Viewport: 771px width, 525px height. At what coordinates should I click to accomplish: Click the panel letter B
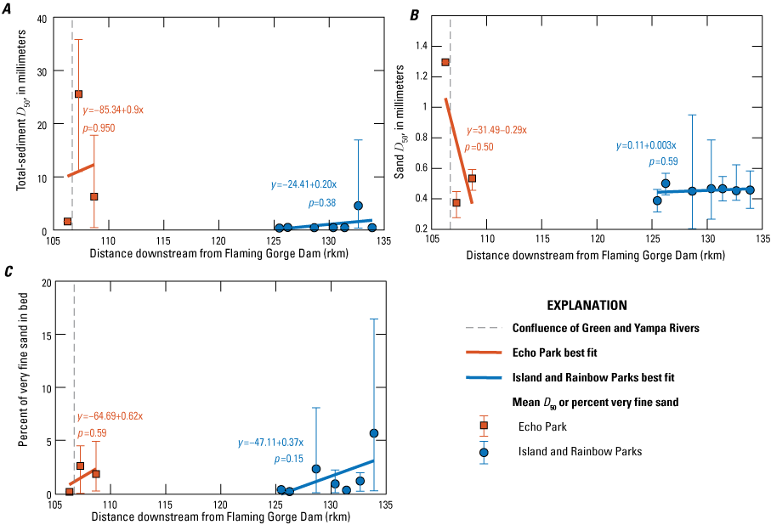[x=415, y=14]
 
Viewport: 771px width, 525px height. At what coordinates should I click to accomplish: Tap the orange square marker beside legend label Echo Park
[x=484, y=426]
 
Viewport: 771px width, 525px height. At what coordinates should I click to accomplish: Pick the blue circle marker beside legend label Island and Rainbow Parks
[x=484, y=452]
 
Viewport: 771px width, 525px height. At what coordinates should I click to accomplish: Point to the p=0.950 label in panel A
[x=99, y=128]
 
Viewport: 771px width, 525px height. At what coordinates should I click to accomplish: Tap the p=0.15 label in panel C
[x=289, y=459]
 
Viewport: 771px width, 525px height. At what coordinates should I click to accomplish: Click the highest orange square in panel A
[x=78, y=94]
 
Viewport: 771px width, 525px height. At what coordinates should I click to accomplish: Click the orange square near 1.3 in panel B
[x=445, y=62]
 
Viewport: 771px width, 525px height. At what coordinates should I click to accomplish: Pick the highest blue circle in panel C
[x=374, y=433]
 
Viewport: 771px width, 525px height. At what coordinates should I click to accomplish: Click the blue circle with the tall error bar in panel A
[x=359, y=206]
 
